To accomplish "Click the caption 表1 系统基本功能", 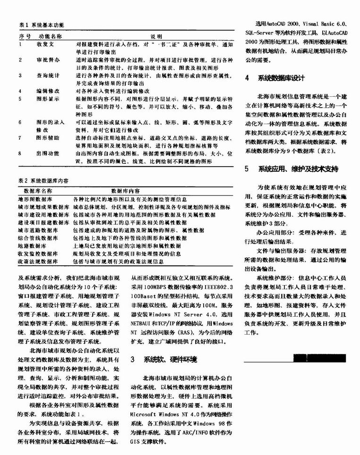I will [42, 25].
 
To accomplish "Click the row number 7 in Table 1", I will [21, 138].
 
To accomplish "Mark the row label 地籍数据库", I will [33, 245].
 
